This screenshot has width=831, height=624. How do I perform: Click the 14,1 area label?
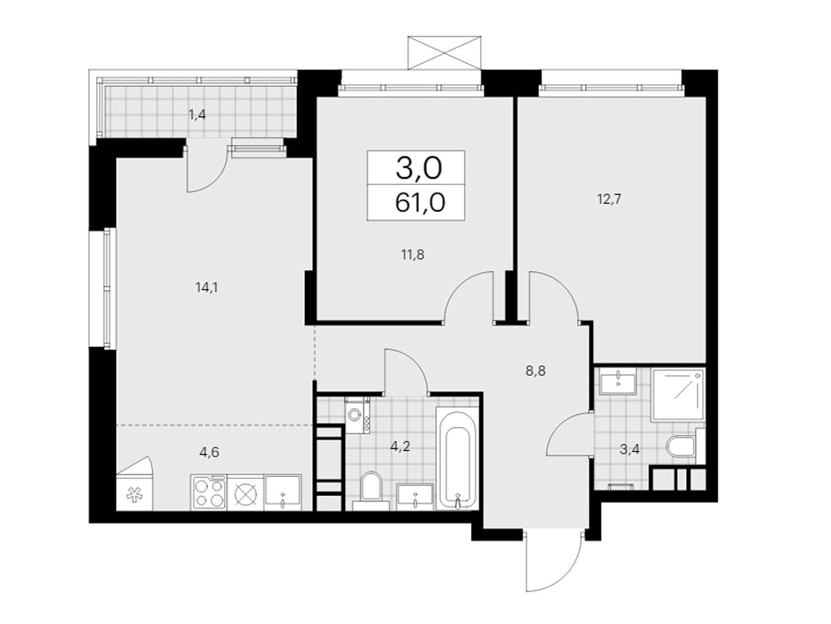click(206, 288)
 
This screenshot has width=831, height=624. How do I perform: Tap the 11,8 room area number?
click(412, 255)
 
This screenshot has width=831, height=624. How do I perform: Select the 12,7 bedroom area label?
click(609, 199)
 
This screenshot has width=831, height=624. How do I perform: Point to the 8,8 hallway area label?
click(535, 371)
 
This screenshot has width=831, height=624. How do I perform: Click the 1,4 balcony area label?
click(197, 115)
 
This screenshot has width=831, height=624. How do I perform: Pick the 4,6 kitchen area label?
click(209, 452)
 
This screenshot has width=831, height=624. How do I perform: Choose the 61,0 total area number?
click(420, 203)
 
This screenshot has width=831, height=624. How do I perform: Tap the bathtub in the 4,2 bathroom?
click(458, 459)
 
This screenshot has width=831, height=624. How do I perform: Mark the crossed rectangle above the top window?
click(445, 53)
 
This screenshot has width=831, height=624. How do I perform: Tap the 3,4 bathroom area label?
click(629, 450)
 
